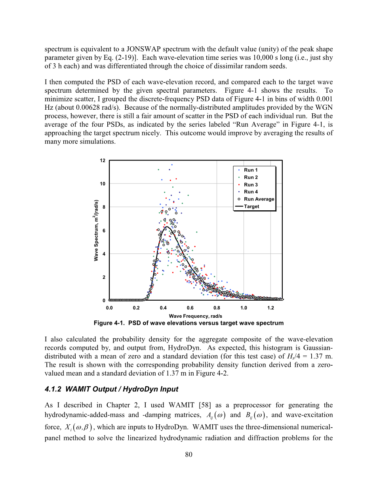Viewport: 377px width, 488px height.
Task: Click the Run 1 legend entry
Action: (251, 170)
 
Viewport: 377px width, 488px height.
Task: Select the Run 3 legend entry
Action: (251, 185)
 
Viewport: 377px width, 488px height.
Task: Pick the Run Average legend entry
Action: (259, 199)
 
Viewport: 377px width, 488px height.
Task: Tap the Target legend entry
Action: (251, 206)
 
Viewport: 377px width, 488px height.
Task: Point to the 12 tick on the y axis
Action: (103, 161)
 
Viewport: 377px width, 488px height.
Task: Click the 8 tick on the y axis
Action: (104, 207)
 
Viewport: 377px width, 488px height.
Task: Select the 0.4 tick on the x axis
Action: (163, 308)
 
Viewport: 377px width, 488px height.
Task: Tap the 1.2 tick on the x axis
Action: (271, 308)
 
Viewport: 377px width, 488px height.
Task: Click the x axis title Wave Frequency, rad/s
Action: (196, 316)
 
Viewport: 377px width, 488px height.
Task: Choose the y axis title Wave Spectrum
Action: (96, 230)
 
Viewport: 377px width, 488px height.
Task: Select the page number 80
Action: (188, 454)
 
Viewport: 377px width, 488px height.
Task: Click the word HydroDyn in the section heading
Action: (161, 389)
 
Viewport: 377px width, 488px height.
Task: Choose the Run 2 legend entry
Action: (251, 177)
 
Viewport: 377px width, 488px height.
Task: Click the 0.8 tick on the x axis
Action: (217, 308)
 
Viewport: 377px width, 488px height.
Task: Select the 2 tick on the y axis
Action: (104, 277)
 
